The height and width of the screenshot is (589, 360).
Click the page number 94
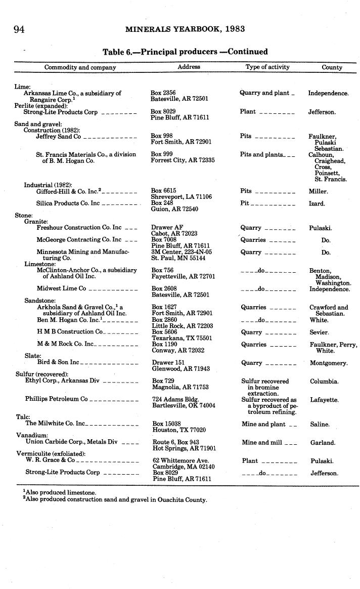[x=19, y=29]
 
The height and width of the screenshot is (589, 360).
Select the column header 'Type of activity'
[x=267, y=67]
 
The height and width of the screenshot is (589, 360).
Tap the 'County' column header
[x=332, y=67]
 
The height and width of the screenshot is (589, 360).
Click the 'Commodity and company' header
[x=80, y=67]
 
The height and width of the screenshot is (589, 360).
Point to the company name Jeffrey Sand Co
[x=58, y=137]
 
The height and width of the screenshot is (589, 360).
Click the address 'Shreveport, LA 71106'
[x=181, y=197]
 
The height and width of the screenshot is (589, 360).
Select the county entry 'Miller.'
[x=319, y=191]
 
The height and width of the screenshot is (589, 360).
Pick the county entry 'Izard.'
[x=317, y=203]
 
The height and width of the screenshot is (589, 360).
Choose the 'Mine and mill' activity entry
[x=262, y=442]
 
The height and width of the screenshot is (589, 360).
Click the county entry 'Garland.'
[x=323, y=442]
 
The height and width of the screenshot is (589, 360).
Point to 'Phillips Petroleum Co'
[x=57, y=399]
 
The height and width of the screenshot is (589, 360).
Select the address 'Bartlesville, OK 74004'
[x=184, y=406]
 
